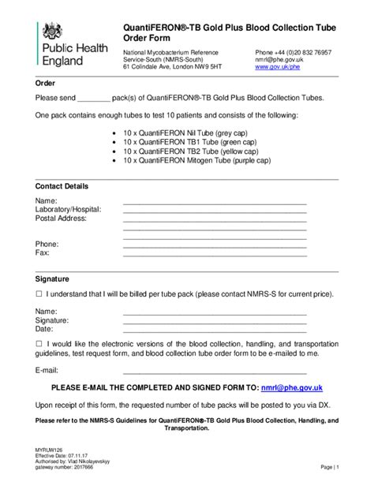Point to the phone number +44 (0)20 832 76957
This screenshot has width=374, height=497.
(x=293, y=52)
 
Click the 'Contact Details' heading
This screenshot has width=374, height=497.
(x=62, y=186)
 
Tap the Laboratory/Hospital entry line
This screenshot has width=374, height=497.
(x=214, y=210)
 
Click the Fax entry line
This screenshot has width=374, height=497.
(x=214, y=253)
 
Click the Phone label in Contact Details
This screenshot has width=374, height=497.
(x=47, y=245)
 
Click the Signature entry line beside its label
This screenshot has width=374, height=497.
(x=214, y=320)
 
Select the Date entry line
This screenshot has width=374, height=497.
(x=214, y=329)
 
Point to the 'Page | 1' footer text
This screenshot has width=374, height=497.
(x=329, y=467)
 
